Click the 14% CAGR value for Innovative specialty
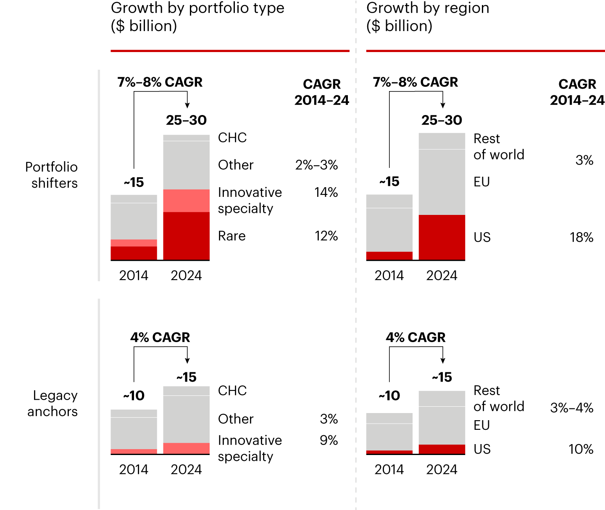(326, 192)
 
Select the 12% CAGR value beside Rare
(326, 236)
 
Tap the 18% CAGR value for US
(581, 238)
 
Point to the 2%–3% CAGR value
(316, 165)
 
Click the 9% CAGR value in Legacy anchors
(329, 440)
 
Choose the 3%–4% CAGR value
(571, 408)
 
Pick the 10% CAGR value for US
(581, 449)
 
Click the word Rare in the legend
(231, 236)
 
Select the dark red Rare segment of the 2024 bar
(186, 236)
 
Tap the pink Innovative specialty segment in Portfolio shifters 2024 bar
(186, 201)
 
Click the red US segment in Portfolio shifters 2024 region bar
(442, 237)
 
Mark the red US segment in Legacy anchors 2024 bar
(442, 449)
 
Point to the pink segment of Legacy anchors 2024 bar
(186, 448)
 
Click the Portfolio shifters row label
(52, 175)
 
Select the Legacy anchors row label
(53, 403)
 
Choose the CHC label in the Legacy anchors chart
(232, 391)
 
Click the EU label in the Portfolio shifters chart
(481, 182)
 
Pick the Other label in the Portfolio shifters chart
(236, 165)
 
